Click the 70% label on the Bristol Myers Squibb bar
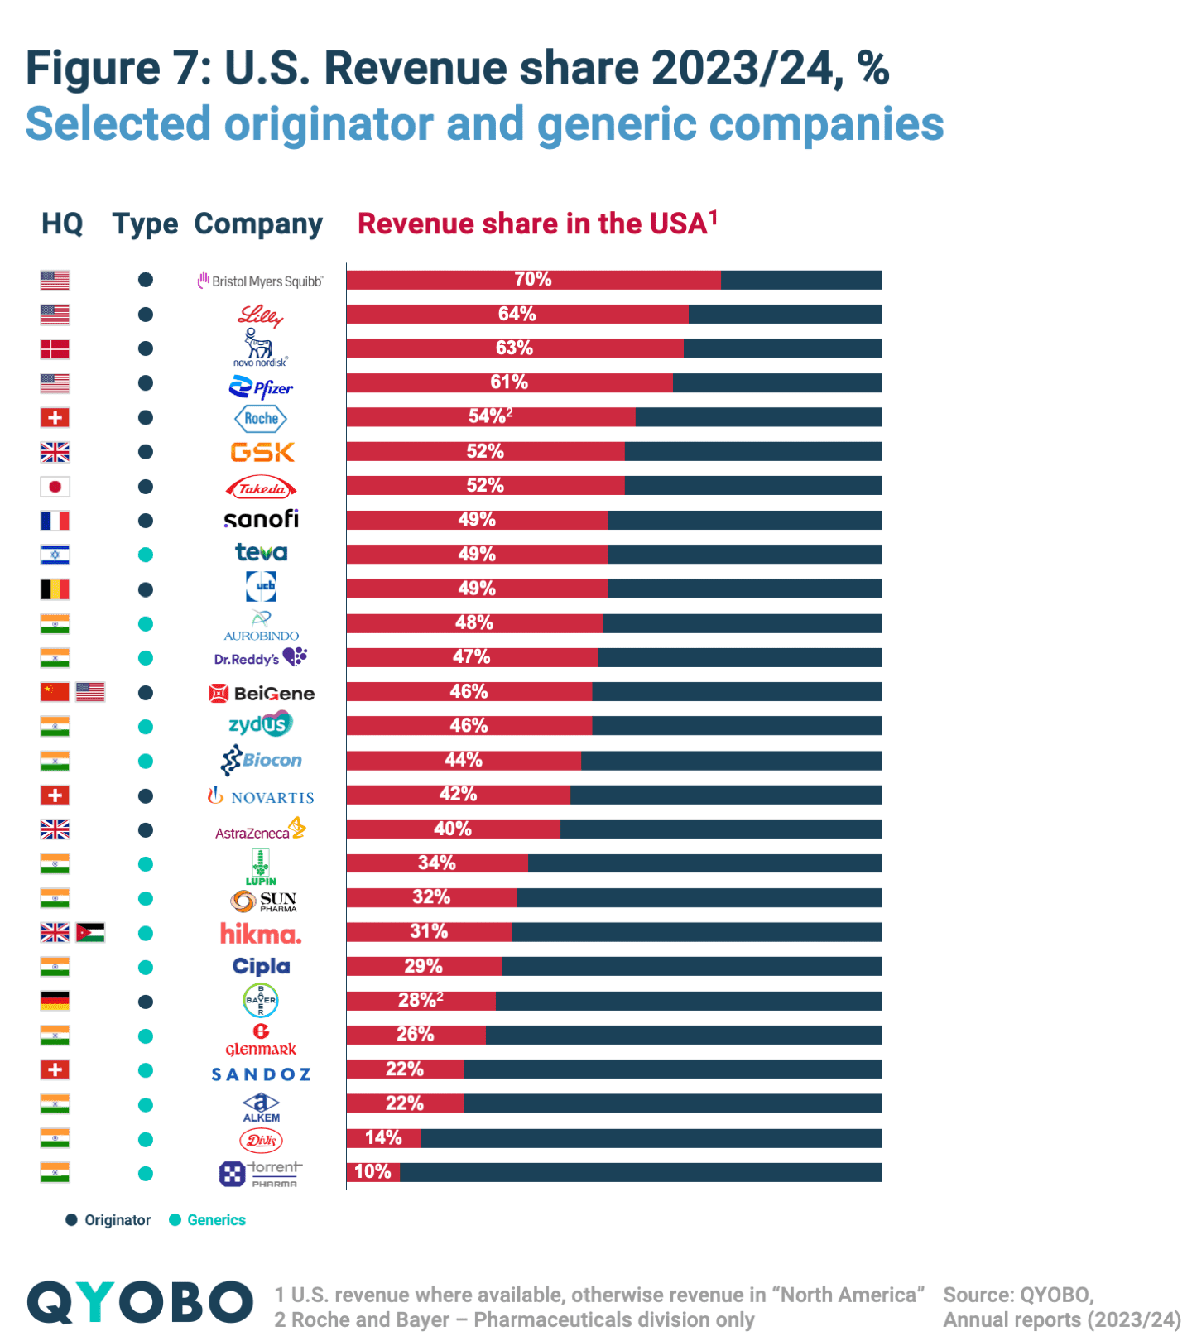tap(532, 280)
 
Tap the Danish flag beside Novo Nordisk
tap(55, 349)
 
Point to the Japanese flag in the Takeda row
tap(55, 487)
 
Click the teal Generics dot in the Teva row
tap(146, 555)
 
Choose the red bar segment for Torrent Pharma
tap(372, 1172)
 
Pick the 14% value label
tap(383, 1138)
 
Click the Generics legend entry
tap(208, 1220)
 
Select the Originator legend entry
tap(108, 1220)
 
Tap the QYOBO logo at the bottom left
tap(140, 1302)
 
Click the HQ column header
tap(62, 223)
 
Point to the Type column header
tap(145, 223)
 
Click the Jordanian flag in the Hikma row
tap(90, 933)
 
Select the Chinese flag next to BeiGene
tap(55, 692)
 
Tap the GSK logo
tap(262, 452)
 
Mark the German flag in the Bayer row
tap(55, 1001)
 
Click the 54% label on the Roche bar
tap(489, 416)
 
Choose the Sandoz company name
tap(261, 1074)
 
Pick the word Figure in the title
tap(93, 68)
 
